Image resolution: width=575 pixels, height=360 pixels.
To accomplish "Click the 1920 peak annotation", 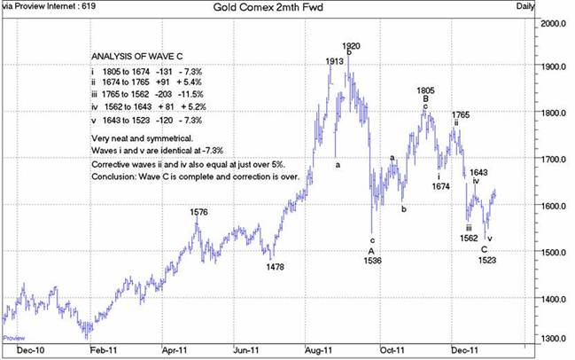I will (352, 45).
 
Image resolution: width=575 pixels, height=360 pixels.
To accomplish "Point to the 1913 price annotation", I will (335, 61).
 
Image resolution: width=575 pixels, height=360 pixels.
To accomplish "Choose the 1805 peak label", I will (425, 90).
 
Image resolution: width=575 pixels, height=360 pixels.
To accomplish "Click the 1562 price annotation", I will (470, 238).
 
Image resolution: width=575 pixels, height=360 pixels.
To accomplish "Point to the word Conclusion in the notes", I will (113, 176).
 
